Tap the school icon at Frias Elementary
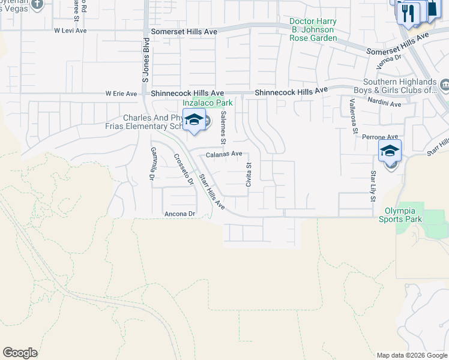coord(194,120)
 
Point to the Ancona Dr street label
coord(180,214)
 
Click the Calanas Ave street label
coord(224,154)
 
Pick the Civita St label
coord(248,174)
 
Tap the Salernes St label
coord(223,127)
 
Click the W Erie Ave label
coord(121,94)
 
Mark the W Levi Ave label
coord(71,29)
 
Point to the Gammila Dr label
coord(152,164)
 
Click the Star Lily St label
coord(373,186)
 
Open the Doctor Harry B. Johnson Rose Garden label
coord(313,29)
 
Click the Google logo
coord(20,353)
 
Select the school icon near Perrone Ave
coord(389,151)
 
